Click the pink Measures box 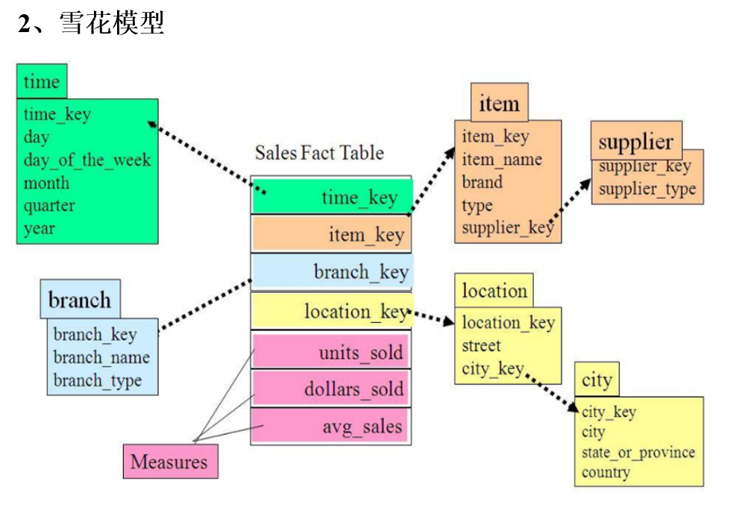point(170,462)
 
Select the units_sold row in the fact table point(330,352)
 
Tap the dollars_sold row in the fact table point(330,389)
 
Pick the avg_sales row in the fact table point(330,427)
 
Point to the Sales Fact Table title point(319,153)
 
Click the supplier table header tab point(635,142)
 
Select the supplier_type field point(647,189)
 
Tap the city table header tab point(597,380)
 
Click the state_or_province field point(638,452)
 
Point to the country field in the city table point(606,472)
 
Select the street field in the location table point(481,345)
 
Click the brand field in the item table point(482,182)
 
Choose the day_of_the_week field point(87,160)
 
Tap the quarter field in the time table point(49,205)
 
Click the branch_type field point(97,380)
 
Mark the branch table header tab point(79,300)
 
